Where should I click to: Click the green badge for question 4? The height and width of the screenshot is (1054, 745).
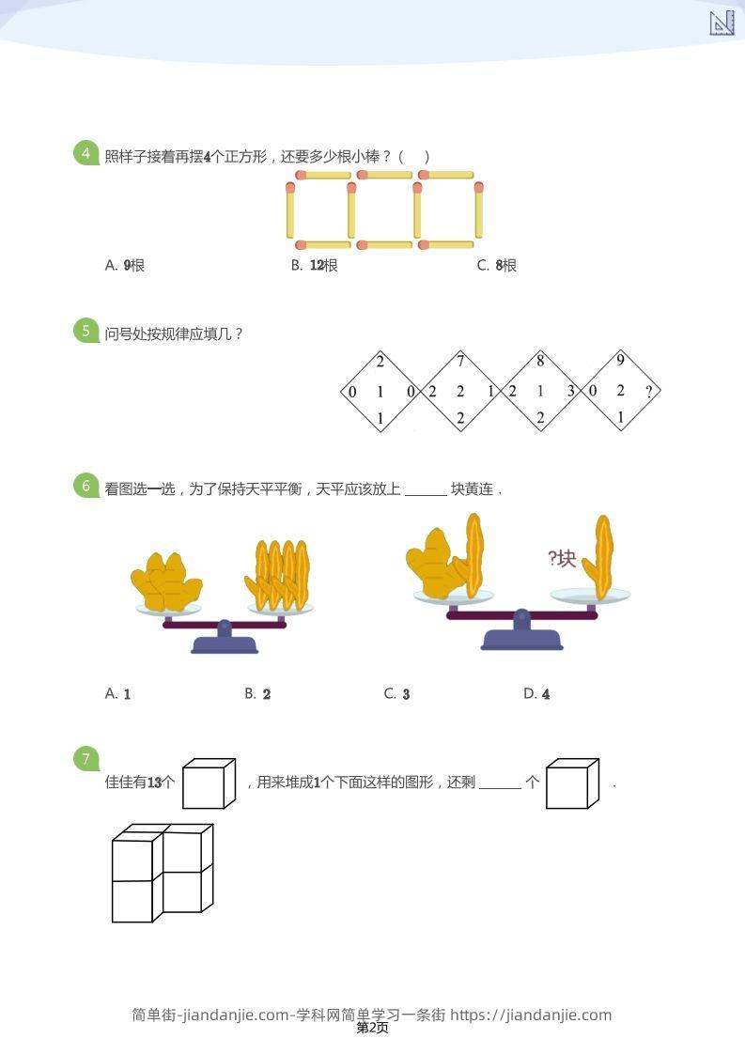[x=86, y=153]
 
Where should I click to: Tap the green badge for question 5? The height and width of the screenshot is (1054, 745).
[x=86, y=331]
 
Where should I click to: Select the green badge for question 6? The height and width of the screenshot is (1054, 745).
[x=86, y=486]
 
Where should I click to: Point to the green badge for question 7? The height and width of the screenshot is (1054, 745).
[x=86, y=759]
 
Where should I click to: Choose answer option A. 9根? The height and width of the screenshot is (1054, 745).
[x=125, y=266]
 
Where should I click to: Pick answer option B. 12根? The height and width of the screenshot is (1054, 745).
[x=314, y=266]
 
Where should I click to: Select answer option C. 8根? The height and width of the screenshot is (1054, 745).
[x=497, y=266]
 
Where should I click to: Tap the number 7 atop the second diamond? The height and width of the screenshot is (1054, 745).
[x=460, y=361]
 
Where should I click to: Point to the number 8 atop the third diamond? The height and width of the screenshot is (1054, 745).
[x=540, y=361]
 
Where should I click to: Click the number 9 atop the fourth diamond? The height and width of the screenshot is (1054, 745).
[x=620, y=361]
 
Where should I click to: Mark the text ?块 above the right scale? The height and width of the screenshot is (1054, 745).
[x=561, y=559]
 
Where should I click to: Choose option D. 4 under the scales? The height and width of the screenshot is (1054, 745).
[x=536, y=694]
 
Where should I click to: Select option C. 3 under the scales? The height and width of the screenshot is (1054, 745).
[x=396, y=694]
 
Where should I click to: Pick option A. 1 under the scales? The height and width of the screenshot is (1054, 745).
[x=117, y=694]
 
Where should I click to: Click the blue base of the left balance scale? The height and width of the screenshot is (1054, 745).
[x=225, y=643]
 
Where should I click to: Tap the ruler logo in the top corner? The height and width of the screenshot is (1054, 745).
[x=722, y=23]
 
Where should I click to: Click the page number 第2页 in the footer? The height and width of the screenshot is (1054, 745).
[x=372, y=1029]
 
